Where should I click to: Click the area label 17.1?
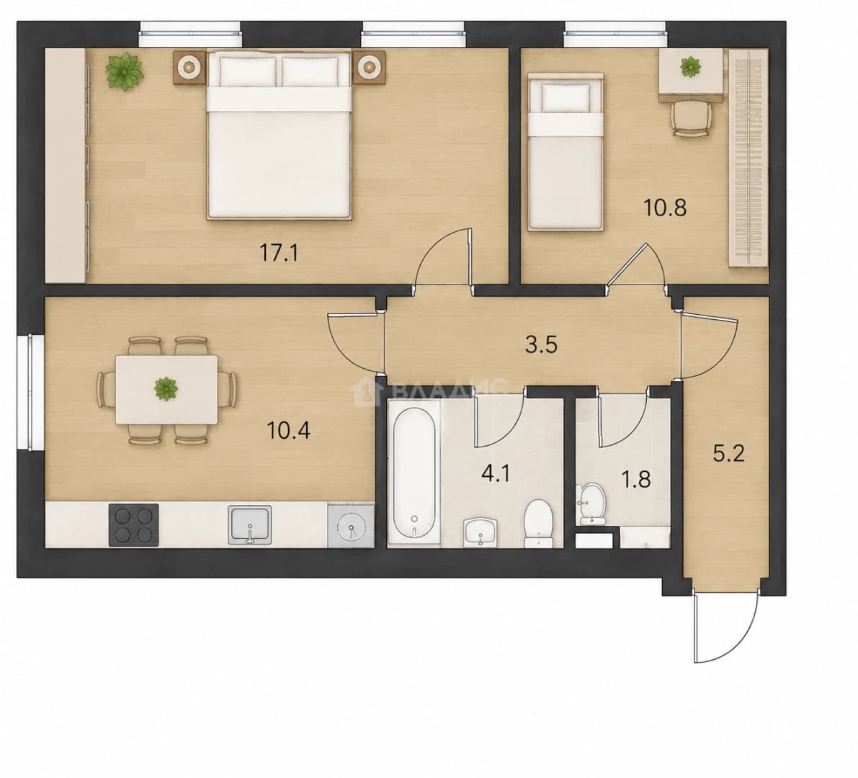coord(279,253)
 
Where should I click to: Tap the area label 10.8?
coord(665,208)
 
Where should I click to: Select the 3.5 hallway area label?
coord(540,345)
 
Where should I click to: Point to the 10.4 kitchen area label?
coord(288,431)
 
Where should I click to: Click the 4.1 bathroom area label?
coord(496,473)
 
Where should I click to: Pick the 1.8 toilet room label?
coord(637,479)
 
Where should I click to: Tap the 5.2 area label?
coord(729,453)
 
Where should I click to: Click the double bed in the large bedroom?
coord(279,135)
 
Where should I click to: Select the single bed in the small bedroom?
coord(566,151)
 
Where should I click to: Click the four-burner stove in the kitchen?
coord(133,524)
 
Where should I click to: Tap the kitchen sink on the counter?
coord(249,524)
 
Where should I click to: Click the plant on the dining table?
coord(165,388)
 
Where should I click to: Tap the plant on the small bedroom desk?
coord(691,67)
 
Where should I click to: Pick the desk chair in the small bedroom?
coord(691,120)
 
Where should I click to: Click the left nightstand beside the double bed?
coord(189,67)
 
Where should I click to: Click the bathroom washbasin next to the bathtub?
coord(481,532)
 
